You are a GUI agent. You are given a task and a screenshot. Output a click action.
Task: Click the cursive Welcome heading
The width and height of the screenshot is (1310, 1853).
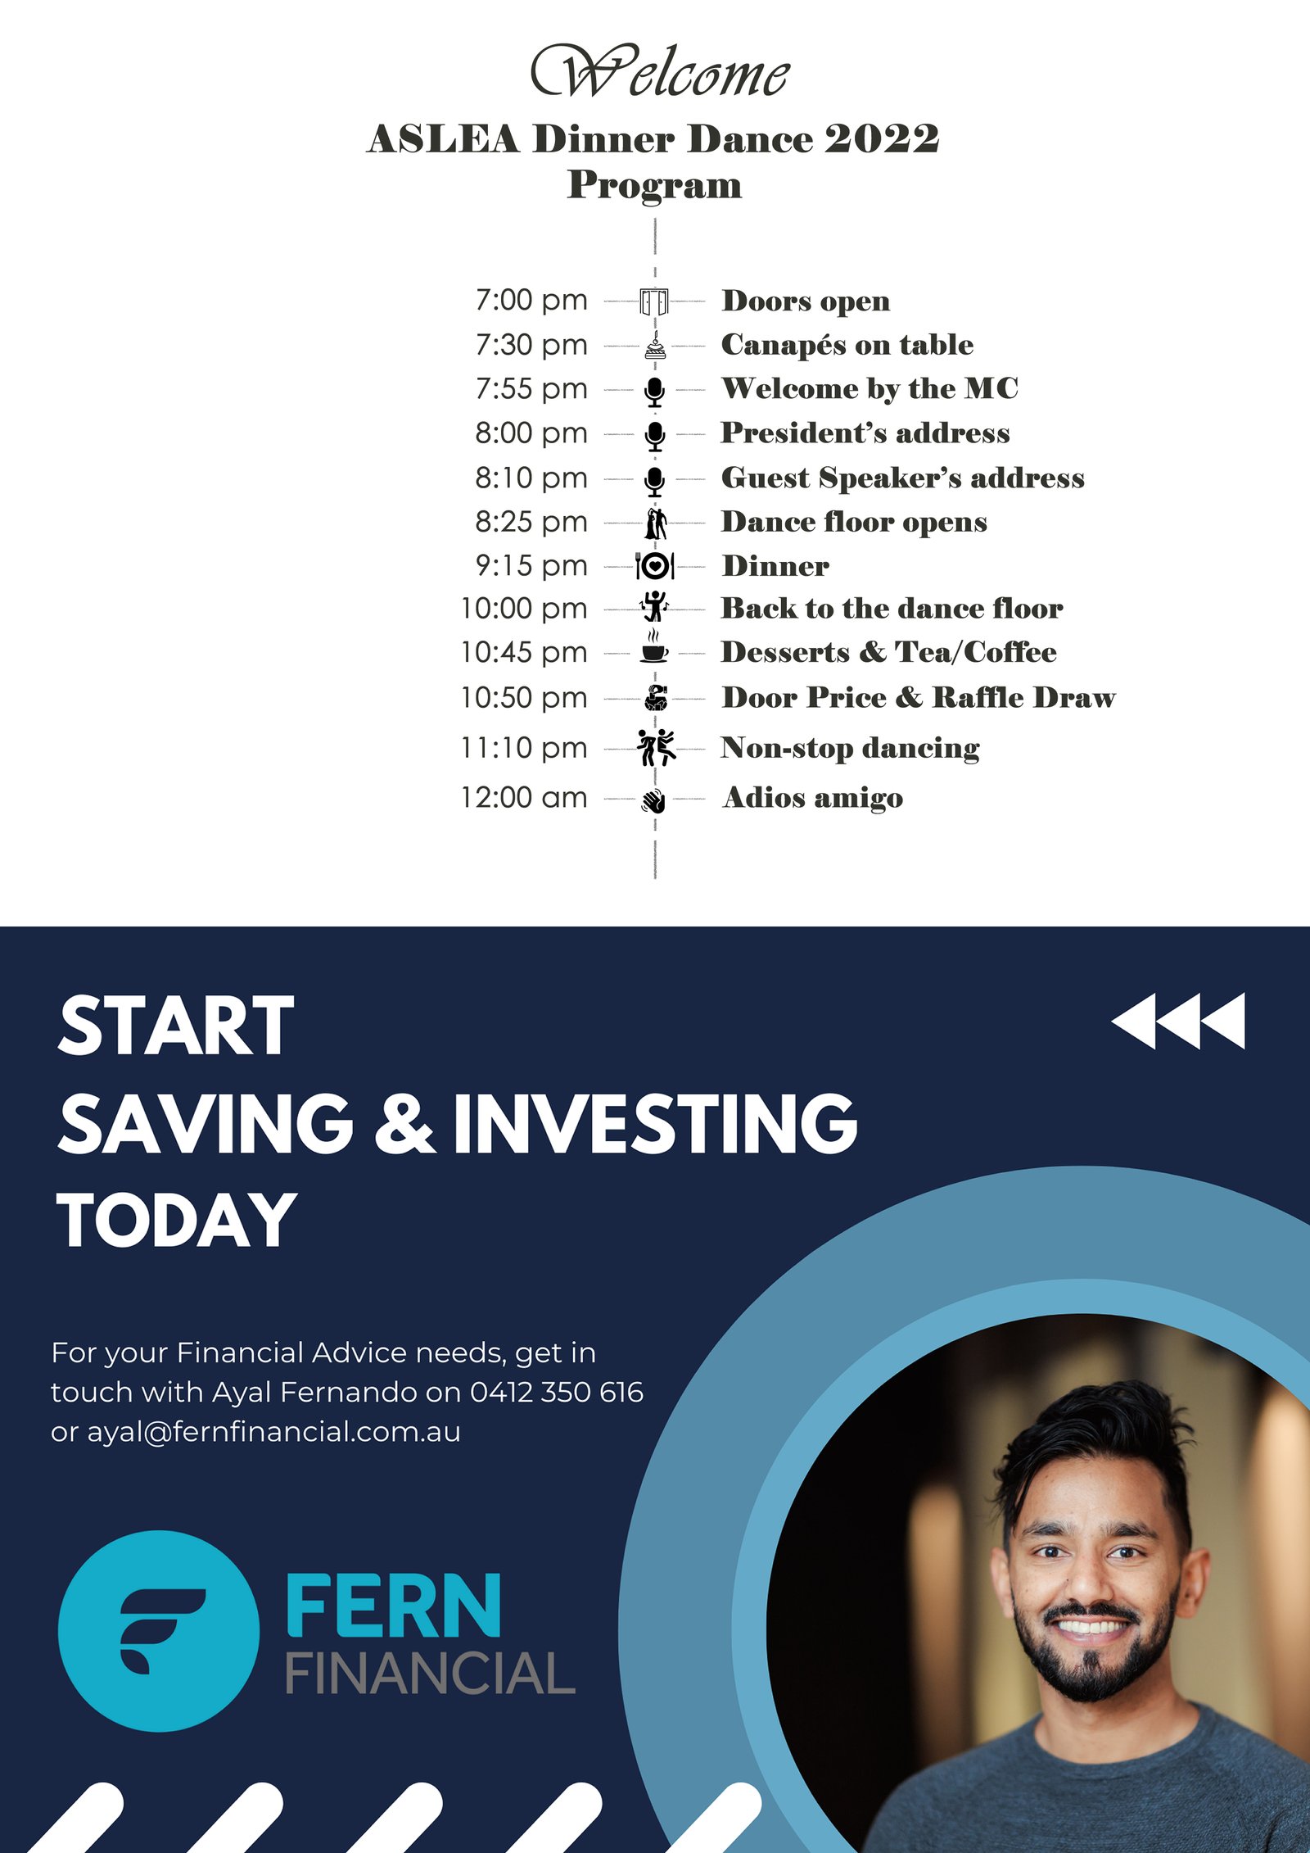click(660, 72)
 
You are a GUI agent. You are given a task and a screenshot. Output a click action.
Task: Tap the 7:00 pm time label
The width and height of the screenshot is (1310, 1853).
click(531, 301)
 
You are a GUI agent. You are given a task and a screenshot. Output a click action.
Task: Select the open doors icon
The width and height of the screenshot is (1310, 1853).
click(654, 301)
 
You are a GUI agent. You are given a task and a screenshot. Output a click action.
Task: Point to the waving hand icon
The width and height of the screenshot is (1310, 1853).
click(654, 800)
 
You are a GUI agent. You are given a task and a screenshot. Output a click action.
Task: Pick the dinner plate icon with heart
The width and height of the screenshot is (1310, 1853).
click(655, 565)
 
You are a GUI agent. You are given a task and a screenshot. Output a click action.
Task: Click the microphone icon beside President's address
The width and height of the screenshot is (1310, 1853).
click(654, 436)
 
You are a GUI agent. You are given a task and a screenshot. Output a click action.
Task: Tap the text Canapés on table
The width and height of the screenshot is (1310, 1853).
click(847, 345)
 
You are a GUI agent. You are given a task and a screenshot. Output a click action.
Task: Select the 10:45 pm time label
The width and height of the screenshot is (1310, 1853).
click(524, 652)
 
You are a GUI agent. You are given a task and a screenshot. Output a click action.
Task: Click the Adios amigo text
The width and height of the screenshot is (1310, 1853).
click(813, 798)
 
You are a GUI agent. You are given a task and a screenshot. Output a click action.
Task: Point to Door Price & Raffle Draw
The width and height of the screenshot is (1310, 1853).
click(919, 697)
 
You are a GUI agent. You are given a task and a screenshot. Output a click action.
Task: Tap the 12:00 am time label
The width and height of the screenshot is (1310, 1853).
click(524, 797)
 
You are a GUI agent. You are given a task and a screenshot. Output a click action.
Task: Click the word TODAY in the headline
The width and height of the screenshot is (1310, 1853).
click(177, 1220)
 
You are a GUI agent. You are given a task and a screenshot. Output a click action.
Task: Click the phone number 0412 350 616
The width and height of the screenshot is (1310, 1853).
click(557, 1392)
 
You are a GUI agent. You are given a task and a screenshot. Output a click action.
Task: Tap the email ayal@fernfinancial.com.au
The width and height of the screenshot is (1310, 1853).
click(273, 1432)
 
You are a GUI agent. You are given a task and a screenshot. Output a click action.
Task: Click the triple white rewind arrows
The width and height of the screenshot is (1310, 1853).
click(1178, 1021)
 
